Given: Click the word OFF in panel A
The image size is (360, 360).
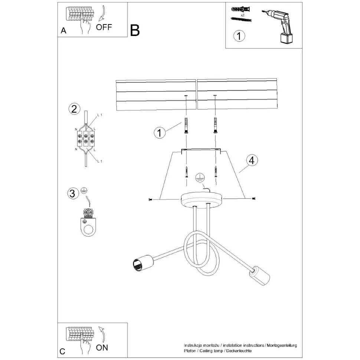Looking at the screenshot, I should coord(104,27).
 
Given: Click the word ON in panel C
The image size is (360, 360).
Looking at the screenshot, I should coord(102,348).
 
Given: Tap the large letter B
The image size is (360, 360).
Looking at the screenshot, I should coord(135,30).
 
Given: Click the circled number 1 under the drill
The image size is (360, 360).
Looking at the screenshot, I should coord(239,36).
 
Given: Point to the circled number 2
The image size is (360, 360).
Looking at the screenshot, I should coord(74,109).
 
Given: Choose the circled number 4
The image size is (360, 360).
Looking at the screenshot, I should coord(252,161).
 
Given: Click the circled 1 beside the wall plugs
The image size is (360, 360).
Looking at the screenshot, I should coord(160,132).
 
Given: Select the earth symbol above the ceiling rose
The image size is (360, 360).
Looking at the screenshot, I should coord(200,177).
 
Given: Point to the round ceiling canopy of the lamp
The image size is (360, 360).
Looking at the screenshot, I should coord(202,200).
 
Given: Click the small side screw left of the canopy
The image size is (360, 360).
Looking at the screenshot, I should coord(150,200).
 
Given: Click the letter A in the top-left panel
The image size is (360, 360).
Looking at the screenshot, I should coord(63,31).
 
